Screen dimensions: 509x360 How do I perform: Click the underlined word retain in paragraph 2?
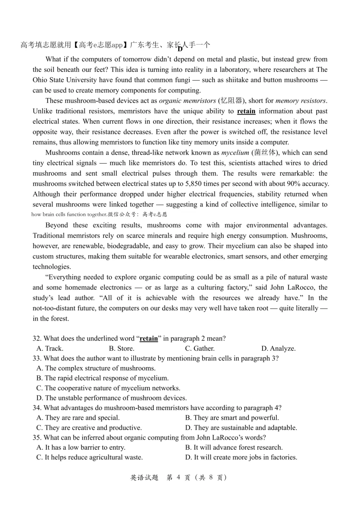point(246,111)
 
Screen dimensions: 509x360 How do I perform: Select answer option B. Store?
point(121,348)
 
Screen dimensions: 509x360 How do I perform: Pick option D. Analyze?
point(278,348)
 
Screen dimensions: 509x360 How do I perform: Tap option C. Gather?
point(200,348)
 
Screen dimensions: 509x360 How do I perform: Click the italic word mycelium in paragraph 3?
point(235,153)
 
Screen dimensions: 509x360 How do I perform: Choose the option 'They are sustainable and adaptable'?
point(241,428)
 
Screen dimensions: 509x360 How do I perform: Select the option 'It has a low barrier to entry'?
point(81,447)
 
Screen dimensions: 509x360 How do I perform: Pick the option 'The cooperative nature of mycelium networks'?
point(108,388)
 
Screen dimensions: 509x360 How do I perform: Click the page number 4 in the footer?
point(178,477)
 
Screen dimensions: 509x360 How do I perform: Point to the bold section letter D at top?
point(180,49)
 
